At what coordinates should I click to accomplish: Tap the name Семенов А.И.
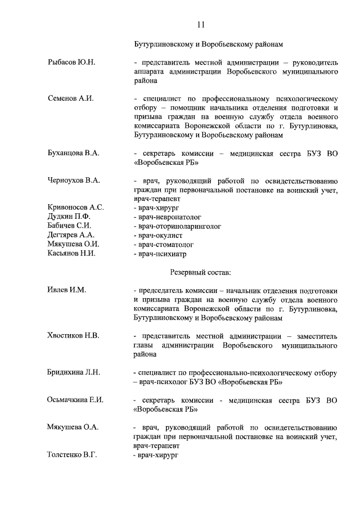coord(70,98)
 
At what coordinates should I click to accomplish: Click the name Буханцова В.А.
coord(73,153)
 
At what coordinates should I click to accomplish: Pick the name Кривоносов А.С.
coord(75,208)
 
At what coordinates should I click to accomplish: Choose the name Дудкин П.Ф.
coord(69,217)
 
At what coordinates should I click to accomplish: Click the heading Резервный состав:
coord(200,272)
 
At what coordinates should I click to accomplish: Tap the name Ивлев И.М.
coord(66,290)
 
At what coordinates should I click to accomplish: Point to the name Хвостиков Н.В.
coord(73,336)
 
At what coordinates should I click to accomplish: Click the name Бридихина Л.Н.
coord(74,372)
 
